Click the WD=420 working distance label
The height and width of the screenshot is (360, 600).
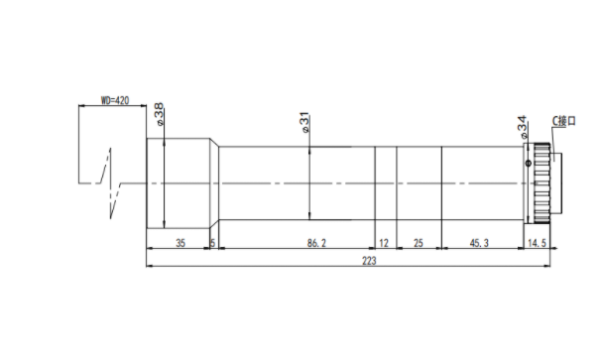[x=115, y=100]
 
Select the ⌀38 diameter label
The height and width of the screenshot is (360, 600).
[x=159, y=114]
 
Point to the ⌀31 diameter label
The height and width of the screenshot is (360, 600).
[x=304, y=122]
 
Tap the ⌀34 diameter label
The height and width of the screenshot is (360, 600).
[x=522, y=127]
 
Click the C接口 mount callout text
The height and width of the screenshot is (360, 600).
[x=563, y=121]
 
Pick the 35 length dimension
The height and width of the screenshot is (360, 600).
[x=180, y=243]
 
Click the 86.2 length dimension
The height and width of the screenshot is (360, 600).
[x=316, y=243]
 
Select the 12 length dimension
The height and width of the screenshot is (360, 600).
[x=384, y=243]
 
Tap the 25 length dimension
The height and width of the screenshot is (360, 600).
[x=419, y=243]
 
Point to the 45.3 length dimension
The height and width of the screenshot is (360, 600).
[x=479, y=243]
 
